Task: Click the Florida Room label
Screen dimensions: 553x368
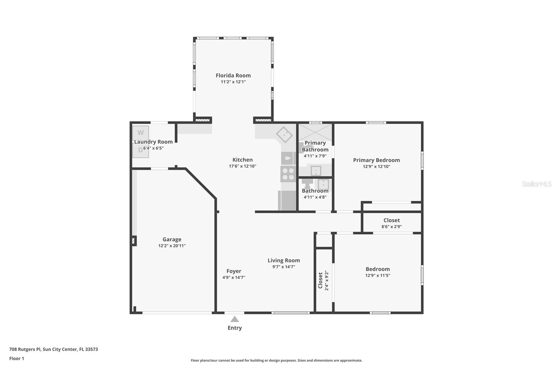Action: (233, 76)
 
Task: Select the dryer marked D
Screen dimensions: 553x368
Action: (140, 150)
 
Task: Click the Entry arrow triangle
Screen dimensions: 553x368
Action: (235, 319)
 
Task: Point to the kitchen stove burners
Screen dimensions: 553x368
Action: (288, 174)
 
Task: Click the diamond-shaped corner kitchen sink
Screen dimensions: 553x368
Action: (284, 135)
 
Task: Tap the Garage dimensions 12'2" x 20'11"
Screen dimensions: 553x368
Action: (172, 246)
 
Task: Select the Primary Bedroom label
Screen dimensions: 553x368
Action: (376, 160)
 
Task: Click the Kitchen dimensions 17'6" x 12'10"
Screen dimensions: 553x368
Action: (242, 166)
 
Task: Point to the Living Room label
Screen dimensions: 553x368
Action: (284, 260)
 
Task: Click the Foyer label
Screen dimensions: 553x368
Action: (234, 271)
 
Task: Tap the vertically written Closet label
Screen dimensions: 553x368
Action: (320, 280)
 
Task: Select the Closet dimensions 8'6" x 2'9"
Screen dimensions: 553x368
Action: (392, 227)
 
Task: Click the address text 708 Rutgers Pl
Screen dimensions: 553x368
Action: (25, 349)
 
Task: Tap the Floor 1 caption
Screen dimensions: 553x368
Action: (17, 359)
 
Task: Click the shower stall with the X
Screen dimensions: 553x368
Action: (315, 133)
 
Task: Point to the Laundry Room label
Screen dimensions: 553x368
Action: (153, 142)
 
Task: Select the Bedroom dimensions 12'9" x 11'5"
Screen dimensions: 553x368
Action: (378, 275)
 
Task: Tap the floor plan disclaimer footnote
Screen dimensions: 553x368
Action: (276, 360)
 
